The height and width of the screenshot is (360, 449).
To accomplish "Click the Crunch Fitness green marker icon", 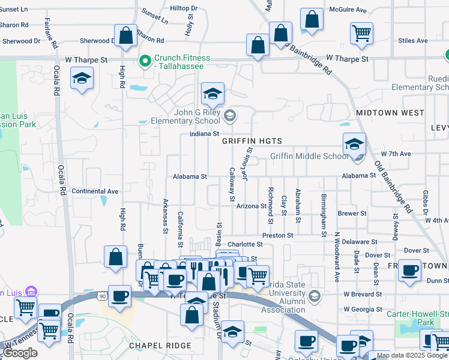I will tap(145, 61).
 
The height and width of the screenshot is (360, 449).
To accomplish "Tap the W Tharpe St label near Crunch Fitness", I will tap(87, 60).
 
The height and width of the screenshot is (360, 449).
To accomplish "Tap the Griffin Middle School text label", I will tap(309, 156).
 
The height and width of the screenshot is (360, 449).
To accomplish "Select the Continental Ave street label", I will tap(95, 191).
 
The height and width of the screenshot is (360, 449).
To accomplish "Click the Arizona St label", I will tap(252, 206).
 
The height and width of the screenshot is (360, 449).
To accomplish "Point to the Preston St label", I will tap(277, 236).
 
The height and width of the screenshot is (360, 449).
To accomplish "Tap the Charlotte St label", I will tap(245, 245).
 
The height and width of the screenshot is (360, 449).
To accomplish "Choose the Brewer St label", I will tap(352, 214).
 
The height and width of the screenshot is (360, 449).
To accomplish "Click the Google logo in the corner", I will tap(20, 353).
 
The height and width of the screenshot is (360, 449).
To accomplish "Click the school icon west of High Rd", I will tap(82, 78).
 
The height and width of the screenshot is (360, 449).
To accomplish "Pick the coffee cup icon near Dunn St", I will tap(410, 270).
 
